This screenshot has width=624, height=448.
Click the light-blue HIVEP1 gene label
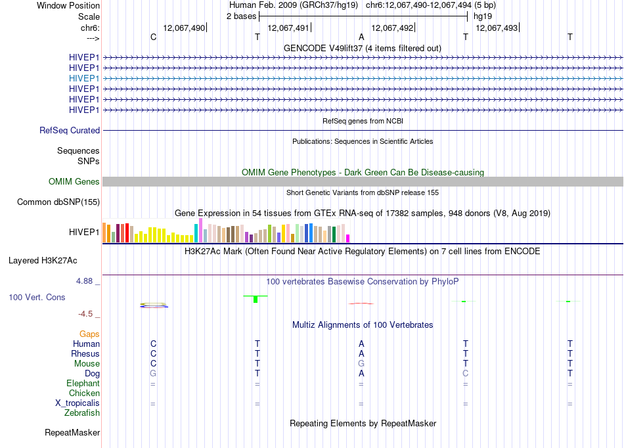tap(84, 78)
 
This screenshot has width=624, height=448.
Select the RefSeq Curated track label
tap(70, 130)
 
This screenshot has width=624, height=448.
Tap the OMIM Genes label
tap(74, 181)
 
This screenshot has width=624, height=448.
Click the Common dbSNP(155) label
tap(58, 202)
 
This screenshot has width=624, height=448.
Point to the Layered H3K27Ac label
tap(43, 261)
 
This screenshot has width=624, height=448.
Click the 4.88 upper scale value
tap(84, 281)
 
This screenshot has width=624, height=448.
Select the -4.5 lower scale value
tap(85, 314)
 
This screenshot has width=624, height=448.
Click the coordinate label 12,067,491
tap(288, 28)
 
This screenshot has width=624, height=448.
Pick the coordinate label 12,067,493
tap(497, 28)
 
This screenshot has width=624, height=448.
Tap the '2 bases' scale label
tap(242, 16)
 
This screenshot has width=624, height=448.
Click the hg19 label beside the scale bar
tap(483, 16)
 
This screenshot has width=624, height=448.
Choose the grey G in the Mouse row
tap(361, 363)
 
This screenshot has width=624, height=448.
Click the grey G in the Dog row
tap(153, 373)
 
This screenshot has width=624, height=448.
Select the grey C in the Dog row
tap(466, 373)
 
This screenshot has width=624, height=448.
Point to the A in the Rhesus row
tap(361, 353)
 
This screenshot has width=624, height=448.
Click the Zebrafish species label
tap(82, 413)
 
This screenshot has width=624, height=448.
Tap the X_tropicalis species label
tap(78, 403)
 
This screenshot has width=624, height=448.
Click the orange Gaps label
tap(89, 334)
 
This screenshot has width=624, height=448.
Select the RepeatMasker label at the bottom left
tap(72, 432)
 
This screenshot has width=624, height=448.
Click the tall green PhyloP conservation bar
tap(256, 299)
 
